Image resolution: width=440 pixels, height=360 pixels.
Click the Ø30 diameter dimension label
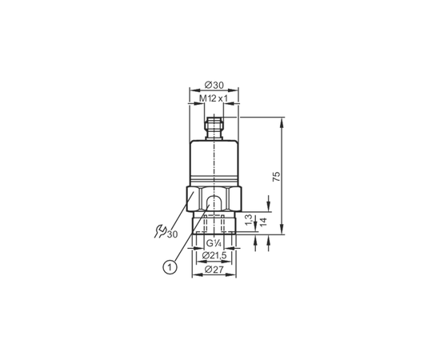click(214, 85)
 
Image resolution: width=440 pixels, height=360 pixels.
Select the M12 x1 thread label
click(214, 98)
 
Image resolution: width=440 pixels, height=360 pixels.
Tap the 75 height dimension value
click(277, 176)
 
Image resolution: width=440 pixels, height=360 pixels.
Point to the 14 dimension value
click(263, 222)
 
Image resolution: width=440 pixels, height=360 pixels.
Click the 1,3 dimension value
click(249, 219)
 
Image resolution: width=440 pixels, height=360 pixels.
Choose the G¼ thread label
click(214, 243)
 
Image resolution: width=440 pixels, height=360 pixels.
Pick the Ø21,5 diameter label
click(214, 255)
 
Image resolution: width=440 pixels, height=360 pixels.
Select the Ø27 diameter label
click(214, 270)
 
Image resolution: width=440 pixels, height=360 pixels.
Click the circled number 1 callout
click(170, 267)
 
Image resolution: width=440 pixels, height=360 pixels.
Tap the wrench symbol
click(159, 231)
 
